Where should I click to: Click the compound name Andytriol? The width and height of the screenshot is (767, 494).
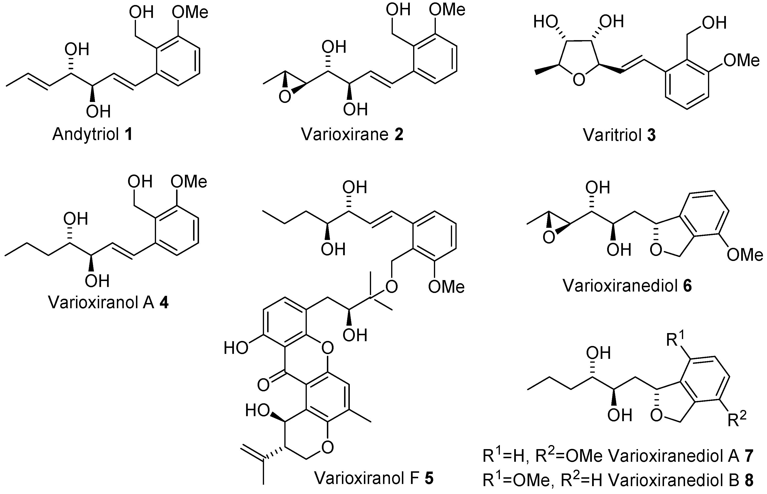click(86, 134)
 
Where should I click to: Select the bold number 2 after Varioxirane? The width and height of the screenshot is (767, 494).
click(399, 134)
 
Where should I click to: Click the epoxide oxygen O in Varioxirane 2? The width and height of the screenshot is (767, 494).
click(284, 97)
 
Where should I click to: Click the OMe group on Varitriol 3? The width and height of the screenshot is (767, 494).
click(742, 61)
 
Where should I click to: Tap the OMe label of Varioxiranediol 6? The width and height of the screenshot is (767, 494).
click(745, 255)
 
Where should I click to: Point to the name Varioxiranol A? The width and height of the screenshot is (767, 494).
click(101, 303)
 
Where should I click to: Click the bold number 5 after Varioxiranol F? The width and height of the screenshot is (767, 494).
click(429, 478)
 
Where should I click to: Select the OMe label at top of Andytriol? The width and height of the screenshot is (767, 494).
click(190, 13)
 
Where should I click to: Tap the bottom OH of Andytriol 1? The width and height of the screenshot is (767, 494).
click(98, 111)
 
